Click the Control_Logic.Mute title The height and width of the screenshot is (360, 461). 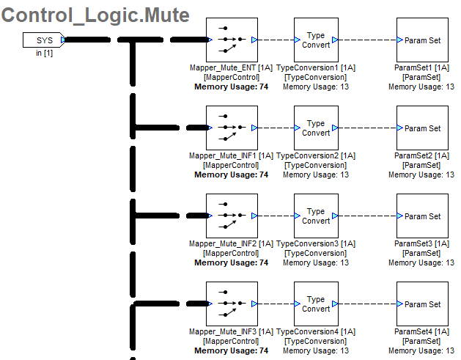coord(96,15)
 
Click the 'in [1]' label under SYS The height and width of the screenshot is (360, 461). coord(44,53)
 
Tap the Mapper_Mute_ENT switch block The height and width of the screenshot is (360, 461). coord(231,40)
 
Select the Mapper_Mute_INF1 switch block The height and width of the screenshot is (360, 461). coord(231,128)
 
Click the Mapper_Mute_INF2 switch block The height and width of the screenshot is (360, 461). coord(231,216)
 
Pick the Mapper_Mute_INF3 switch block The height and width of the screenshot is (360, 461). coord(231,304)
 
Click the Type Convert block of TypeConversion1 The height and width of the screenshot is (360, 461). coord(316,40)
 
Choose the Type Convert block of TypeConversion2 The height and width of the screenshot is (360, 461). coord(316,128)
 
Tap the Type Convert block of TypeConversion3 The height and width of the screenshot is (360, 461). coord(316,216)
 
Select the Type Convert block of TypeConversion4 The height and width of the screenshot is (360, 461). coord(316,304)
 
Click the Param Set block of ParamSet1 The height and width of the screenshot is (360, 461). coord(422,40)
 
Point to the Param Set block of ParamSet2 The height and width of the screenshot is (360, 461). coord(422,128)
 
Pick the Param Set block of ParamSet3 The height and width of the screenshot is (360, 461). coord(422,216)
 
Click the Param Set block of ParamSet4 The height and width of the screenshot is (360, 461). coord(422,304)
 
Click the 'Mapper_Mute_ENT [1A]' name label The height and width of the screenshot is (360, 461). coord(231,67)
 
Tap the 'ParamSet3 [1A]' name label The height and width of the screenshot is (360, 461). coord(421,243)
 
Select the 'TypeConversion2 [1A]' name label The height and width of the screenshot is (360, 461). coord(316,155)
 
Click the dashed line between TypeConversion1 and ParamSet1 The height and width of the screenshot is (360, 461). coord(367,40)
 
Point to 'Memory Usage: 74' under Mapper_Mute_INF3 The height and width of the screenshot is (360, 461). coord(231,350)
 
